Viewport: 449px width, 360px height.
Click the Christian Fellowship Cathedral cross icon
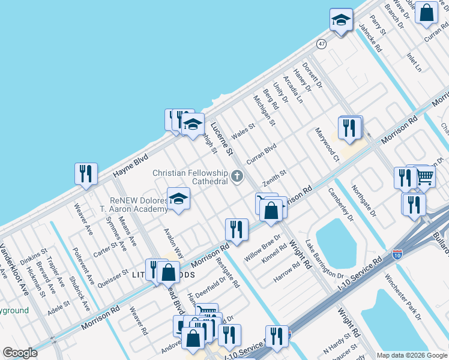pos(237,176)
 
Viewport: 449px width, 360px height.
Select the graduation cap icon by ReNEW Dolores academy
pos(178,198)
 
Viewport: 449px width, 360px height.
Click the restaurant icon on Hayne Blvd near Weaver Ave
pos(86,173)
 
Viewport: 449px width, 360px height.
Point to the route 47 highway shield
pos(322,44)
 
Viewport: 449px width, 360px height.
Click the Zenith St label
pos(274,177)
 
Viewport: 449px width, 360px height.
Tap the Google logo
pos(20,353)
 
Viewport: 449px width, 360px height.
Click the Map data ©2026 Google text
pos(412,355)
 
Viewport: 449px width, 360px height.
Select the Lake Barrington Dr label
pos(324,258)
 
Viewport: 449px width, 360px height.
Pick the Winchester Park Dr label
pos(404,296)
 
